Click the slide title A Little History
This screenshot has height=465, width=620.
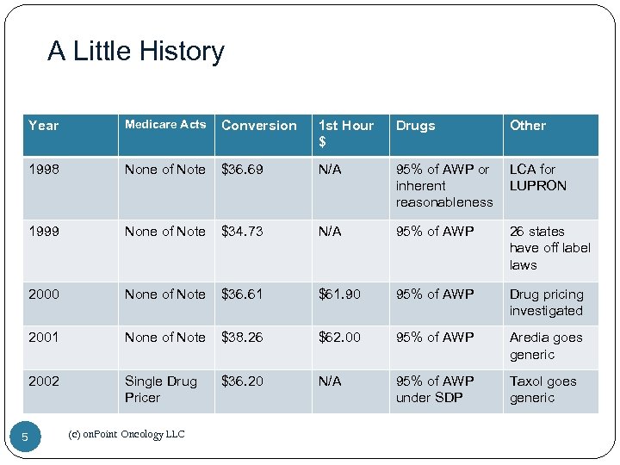136,52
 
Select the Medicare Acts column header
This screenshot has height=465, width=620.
165,125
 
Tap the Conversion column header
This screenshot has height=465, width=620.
258,126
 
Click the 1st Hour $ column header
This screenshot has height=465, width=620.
345,133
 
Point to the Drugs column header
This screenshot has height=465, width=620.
415,126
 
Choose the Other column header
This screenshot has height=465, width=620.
527,126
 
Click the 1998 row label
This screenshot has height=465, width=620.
44,170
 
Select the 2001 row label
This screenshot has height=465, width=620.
44,338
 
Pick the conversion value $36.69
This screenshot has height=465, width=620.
244,170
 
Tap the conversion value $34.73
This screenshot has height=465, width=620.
244,232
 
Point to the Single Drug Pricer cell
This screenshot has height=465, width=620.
160,389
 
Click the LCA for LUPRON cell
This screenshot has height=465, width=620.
537,177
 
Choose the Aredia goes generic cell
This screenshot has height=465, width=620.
545,346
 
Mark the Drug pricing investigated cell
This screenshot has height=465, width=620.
546,302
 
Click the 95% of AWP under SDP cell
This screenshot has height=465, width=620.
434,389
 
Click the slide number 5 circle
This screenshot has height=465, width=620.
25,437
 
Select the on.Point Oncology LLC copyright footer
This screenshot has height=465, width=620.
126,435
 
